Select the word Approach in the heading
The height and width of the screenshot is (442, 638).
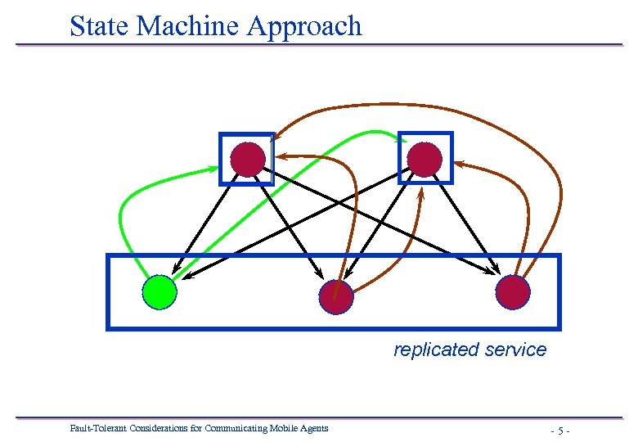point(303,27)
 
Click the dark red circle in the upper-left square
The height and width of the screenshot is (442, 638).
point(248,159)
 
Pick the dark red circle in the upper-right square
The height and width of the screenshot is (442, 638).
point(425,159)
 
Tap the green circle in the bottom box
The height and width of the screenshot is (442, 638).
point(159,292)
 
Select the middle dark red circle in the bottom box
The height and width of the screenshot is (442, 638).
point(335,297)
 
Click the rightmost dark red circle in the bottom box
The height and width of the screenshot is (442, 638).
point(513,292)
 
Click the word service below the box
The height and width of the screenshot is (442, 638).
point(514,350)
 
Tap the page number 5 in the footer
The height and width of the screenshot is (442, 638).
point(560,430)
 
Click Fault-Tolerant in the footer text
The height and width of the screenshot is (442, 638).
point(95,428)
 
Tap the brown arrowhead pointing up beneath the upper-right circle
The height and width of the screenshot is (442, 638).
point(421,194)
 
